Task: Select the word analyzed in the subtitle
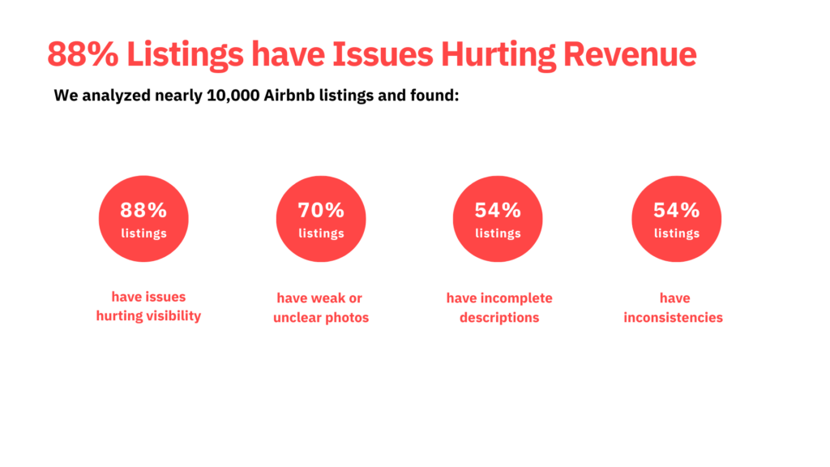114,96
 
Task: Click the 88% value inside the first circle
143,210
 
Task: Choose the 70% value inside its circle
321,210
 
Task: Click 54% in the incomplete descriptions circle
498,210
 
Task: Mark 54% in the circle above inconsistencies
676,210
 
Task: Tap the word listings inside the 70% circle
321,233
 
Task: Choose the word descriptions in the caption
499,318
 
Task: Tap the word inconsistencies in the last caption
673,318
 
